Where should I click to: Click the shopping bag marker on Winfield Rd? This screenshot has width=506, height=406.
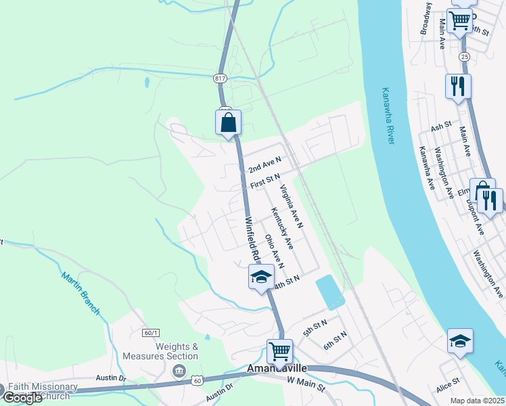click(x=229, y=123)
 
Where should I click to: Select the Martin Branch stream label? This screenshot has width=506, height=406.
click(x=80, y=294)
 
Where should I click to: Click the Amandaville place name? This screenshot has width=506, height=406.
click(x=277, y=368)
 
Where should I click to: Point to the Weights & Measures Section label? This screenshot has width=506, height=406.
click(x=160, y=351)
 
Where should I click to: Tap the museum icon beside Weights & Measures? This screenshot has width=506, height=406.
click(x=179, y=370)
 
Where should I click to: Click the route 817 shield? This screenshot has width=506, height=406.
click(x=221, y=78)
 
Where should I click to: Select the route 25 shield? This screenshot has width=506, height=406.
click(x=463, y=57)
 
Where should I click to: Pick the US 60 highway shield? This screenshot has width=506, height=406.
click(x=197, y=382)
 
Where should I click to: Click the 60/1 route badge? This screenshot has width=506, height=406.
click(x=151, y=333)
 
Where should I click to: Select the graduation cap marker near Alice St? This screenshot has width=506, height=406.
click(x=460, y=341)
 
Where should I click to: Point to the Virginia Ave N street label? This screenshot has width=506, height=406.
click(x=291, y=207)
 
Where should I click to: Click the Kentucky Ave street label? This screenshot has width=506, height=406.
click(x=281, y=228)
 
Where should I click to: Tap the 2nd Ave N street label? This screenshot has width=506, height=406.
click(x=264, y=164)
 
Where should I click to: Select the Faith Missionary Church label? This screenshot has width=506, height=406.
click(x=43, y=391)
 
